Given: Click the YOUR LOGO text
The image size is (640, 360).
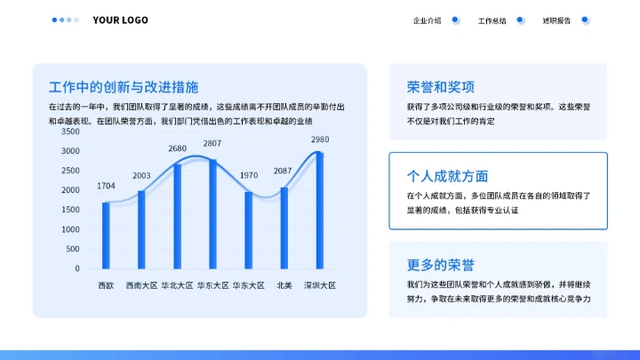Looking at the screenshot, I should tap(120, 20).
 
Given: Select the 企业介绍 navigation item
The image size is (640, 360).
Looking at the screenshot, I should tap(427, 20).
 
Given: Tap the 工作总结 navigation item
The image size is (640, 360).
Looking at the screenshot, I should tap(492, 20).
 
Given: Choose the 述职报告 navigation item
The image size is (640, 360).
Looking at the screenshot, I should tap(556, 20).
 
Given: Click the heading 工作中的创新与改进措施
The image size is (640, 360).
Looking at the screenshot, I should tap(124, 87).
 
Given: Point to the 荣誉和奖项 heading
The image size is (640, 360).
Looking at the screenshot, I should tap(441, 87).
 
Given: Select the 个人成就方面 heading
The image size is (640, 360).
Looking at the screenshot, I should tap(447, 176).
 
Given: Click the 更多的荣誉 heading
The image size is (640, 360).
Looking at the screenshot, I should tap(441, 265).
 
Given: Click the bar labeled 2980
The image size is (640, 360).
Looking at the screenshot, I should tap(319, 210).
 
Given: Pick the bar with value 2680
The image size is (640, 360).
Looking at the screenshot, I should tap(178, 216).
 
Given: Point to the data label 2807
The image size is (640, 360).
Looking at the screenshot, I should tap(212, 143).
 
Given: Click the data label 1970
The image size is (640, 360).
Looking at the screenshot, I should tap(248, 176).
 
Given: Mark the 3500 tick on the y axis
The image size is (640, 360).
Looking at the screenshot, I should tap(70, 132).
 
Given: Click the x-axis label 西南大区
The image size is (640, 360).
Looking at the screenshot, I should tap(141, 286).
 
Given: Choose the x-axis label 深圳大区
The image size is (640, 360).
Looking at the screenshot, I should tap(320, 286).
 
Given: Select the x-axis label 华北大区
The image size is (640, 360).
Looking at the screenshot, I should tap(178, 286).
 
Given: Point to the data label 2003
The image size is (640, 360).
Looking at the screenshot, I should tap(141, 175).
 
